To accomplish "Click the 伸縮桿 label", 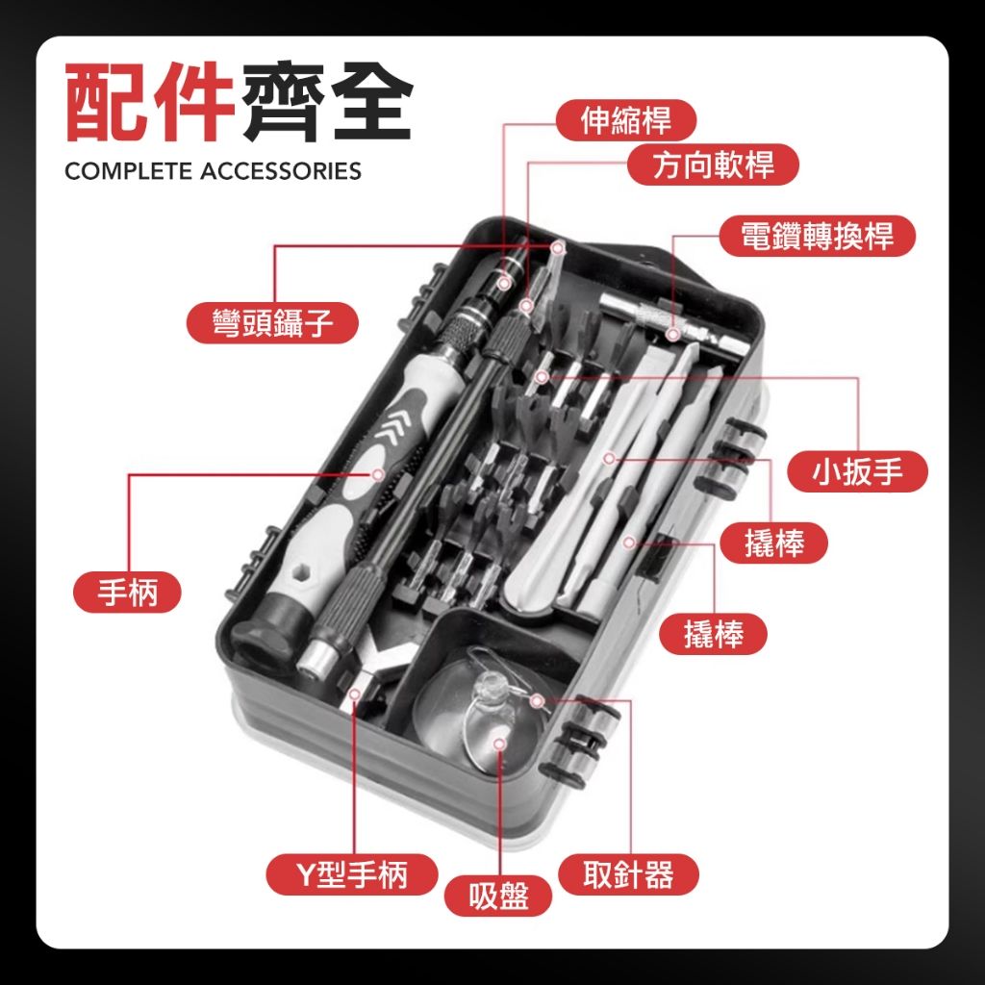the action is coord(625,120).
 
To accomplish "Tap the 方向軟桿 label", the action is coord(713,164).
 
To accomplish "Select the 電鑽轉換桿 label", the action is coord(818,237).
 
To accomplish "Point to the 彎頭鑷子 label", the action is coord(272,323).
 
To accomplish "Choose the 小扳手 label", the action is coord(857,471).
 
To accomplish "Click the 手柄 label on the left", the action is coord(128,592).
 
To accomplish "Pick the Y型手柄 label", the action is coord(352,873).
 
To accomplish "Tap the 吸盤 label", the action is coord(498,896).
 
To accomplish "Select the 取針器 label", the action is coord(628,873).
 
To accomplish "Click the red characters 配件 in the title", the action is coord(149,101).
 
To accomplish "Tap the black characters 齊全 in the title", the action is coord(327,101).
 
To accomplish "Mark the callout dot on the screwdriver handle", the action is coord(378,474).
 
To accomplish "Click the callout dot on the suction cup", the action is coord(500,745).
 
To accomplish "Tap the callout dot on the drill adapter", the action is coord(672,334).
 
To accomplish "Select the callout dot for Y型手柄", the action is coord(355,695).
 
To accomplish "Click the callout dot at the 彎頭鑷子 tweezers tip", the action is coord(557,249).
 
